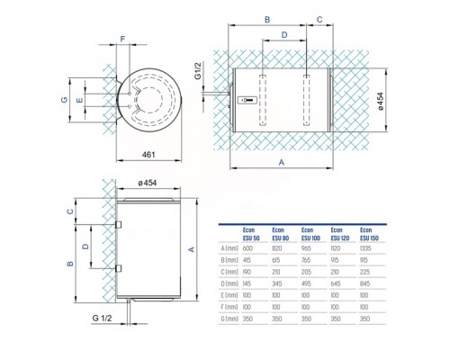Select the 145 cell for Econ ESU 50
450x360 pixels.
pos(247,283)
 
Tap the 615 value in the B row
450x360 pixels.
pos(276,259)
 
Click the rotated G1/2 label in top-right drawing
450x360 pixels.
pos(220,67)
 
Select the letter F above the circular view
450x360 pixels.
pos(122,39)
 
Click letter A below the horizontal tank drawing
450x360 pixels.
pos(282,164)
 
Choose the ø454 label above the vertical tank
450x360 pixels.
pos(148,184)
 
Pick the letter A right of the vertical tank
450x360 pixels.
pos(191,248)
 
